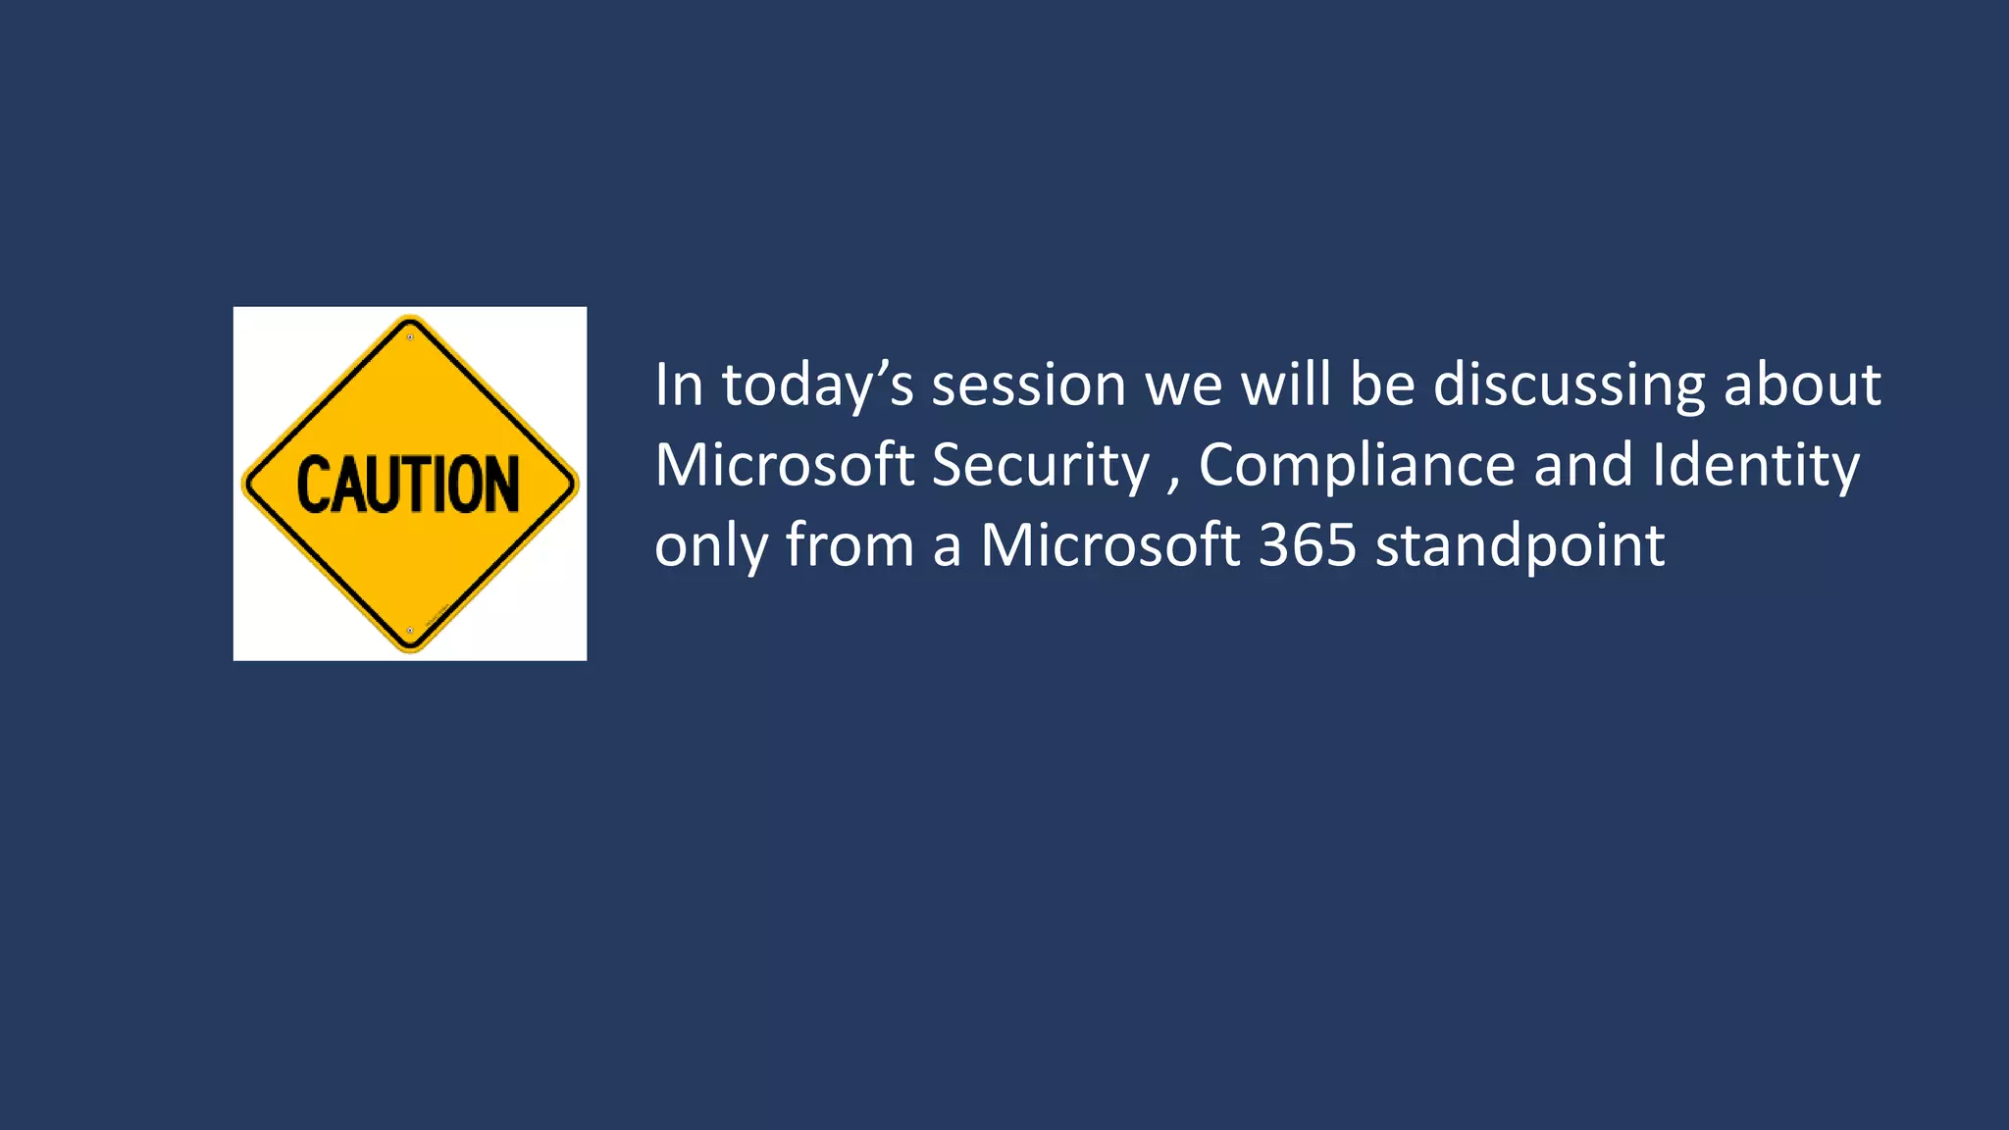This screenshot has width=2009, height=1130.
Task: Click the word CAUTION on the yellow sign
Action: coord(408,485)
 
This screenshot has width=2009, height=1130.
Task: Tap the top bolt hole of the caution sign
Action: coord(410,337)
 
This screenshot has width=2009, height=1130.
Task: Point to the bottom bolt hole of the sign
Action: coord(410,631)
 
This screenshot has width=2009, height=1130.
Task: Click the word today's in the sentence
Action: coord(818,385)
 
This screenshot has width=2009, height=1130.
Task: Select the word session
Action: coord(1028,385)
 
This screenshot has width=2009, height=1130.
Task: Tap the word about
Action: coord(1802,385)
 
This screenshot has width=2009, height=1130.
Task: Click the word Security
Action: coord(1040,465)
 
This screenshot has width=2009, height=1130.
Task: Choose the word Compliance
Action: coord(1357,465)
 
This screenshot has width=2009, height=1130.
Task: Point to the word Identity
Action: coord(1755,465)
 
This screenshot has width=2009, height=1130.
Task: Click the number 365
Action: coord(1308,545)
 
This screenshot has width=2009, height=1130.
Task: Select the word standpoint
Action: coord(1520,545)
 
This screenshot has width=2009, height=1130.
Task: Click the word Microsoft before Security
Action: coord(784,465)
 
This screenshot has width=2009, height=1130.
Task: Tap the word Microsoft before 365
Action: coord(1110,545)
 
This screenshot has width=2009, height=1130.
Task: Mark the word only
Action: coord(711,545)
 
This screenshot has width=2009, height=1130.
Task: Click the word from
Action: coord(850,545)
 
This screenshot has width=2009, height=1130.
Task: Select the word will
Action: coord(1286,385)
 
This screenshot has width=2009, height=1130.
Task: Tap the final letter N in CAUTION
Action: coord(502,485)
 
